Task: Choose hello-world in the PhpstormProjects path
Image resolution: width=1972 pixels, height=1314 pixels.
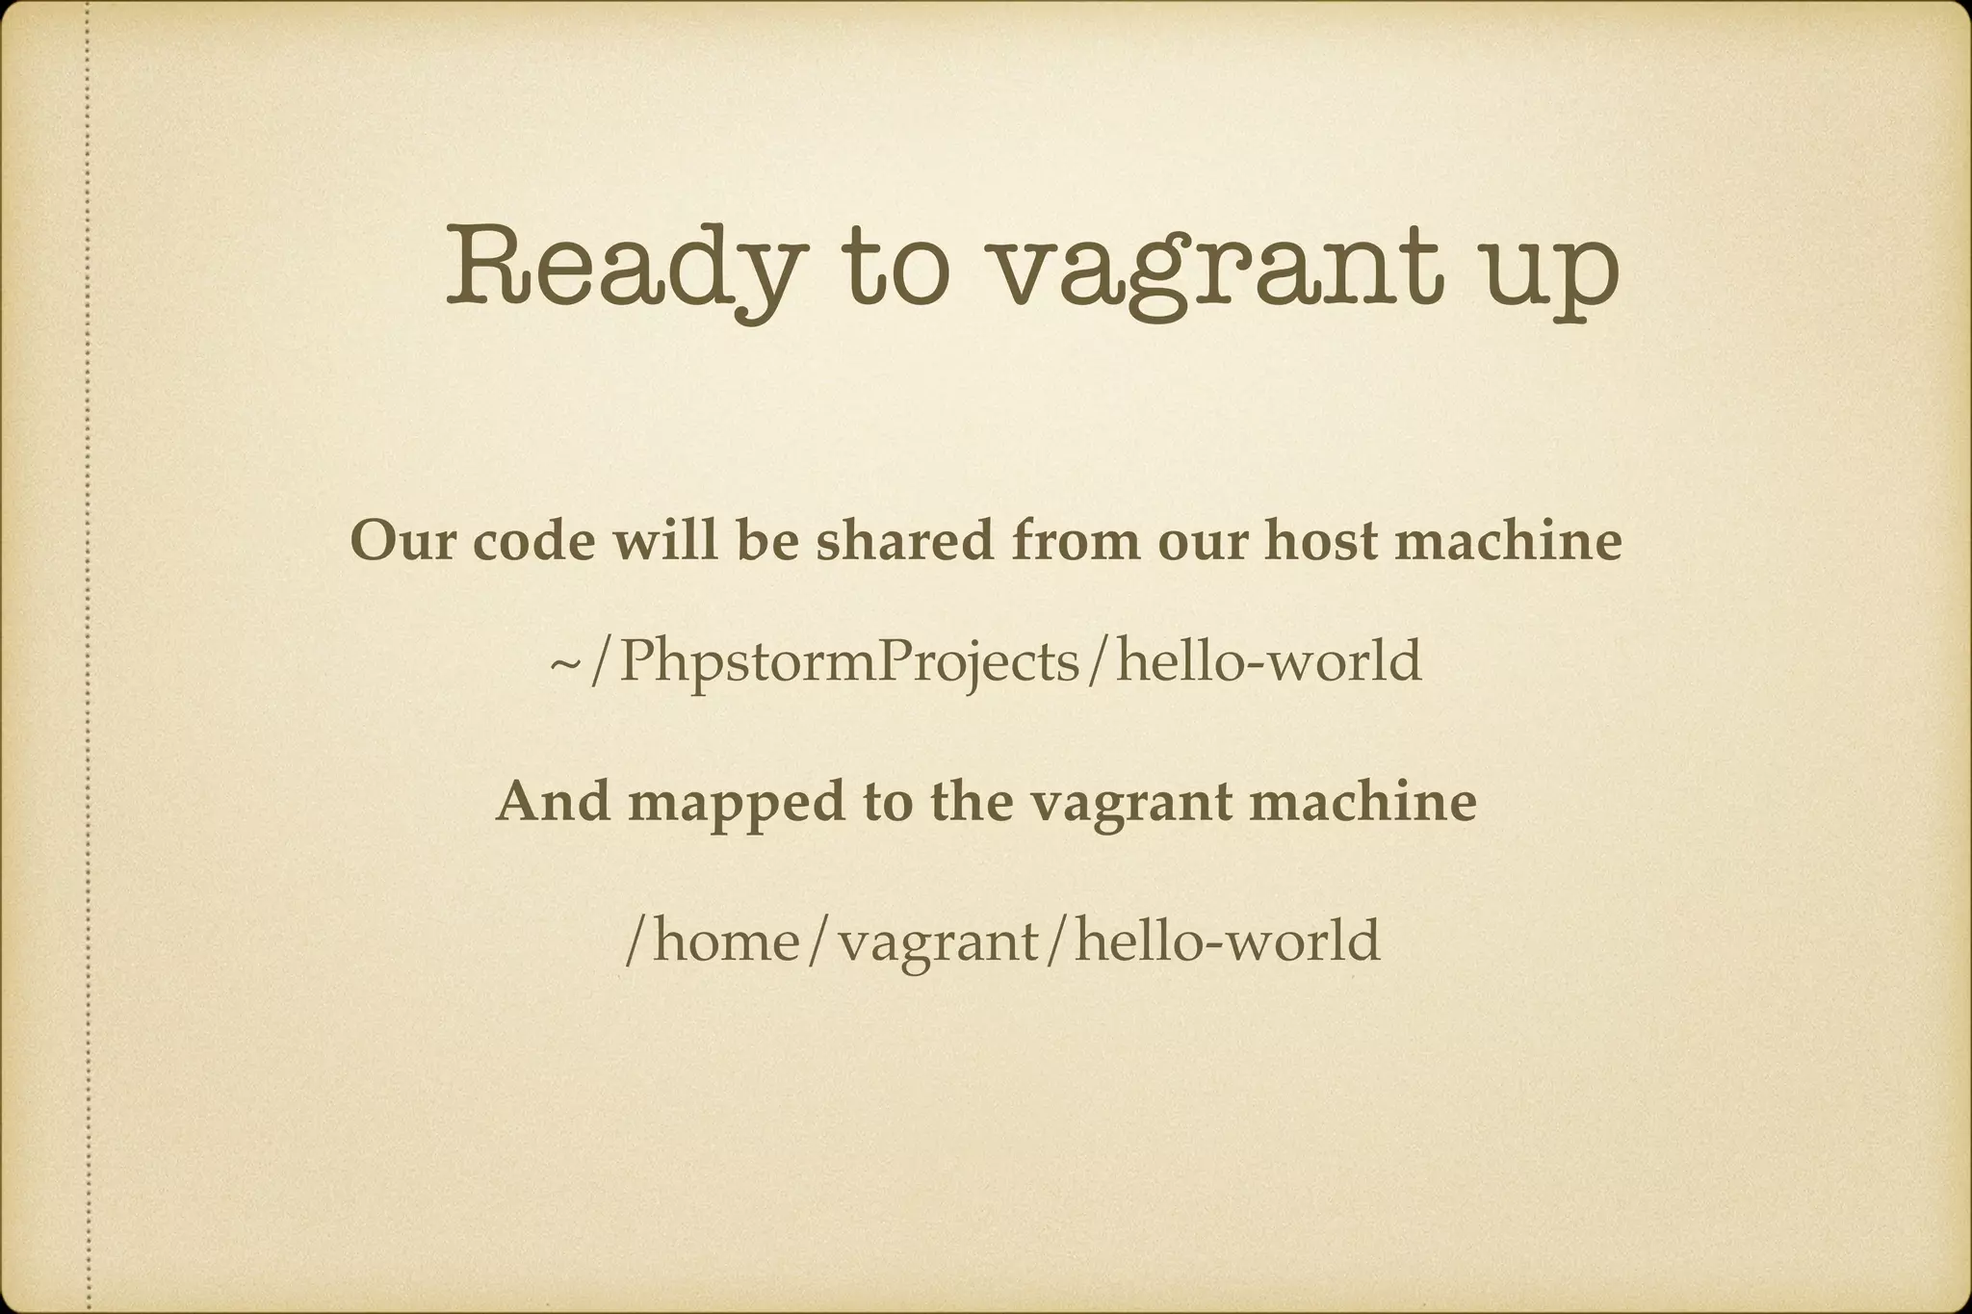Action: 1268,661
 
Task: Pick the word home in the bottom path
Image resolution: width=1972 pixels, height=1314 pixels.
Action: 727,940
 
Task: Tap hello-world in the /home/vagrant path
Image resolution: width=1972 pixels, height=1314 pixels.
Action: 1227,940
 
